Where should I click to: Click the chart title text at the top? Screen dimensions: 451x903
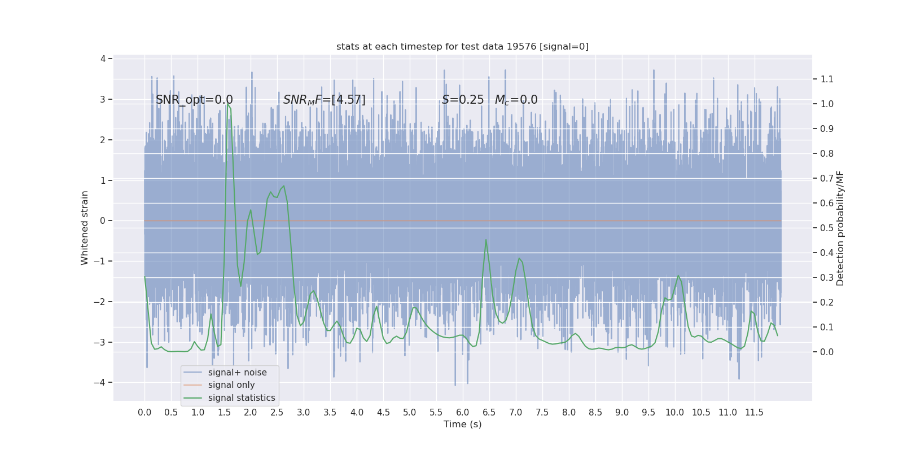coord(462,47)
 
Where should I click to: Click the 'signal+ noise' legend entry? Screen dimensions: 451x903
coord(237,373)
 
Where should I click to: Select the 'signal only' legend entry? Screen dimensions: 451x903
coord(231,385)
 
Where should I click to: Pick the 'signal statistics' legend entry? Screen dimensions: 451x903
coord(242,398)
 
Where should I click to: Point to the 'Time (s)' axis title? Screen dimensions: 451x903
coord(462,425)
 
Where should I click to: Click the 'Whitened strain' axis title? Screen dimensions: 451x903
coord(85,228)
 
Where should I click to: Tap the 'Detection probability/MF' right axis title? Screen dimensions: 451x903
coord(840,228)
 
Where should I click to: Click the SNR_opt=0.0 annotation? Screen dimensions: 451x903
coord(194,100)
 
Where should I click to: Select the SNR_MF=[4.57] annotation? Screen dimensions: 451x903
coord(324,100)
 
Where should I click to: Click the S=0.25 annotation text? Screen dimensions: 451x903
coord(463,100)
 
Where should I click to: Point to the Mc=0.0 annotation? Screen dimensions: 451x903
coord(516,100)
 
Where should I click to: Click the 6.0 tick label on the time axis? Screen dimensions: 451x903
coord(462,413)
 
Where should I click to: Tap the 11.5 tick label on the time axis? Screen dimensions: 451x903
coord(754,413)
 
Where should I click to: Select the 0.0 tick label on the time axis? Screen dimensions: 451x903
coord(144,413)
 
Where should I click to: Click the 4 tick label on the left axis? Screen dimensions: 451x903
coord(103,59)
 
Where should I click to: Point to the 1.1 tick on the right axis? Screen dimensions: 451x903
coord(827,79)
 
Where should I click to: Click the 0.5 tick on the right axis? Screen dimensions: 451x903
coord(827,228)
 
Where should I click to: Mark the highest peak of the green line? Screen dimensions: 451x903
coord(227,104)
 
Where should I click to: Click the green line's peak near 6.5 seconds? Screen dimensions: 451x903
coord(486,240)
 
